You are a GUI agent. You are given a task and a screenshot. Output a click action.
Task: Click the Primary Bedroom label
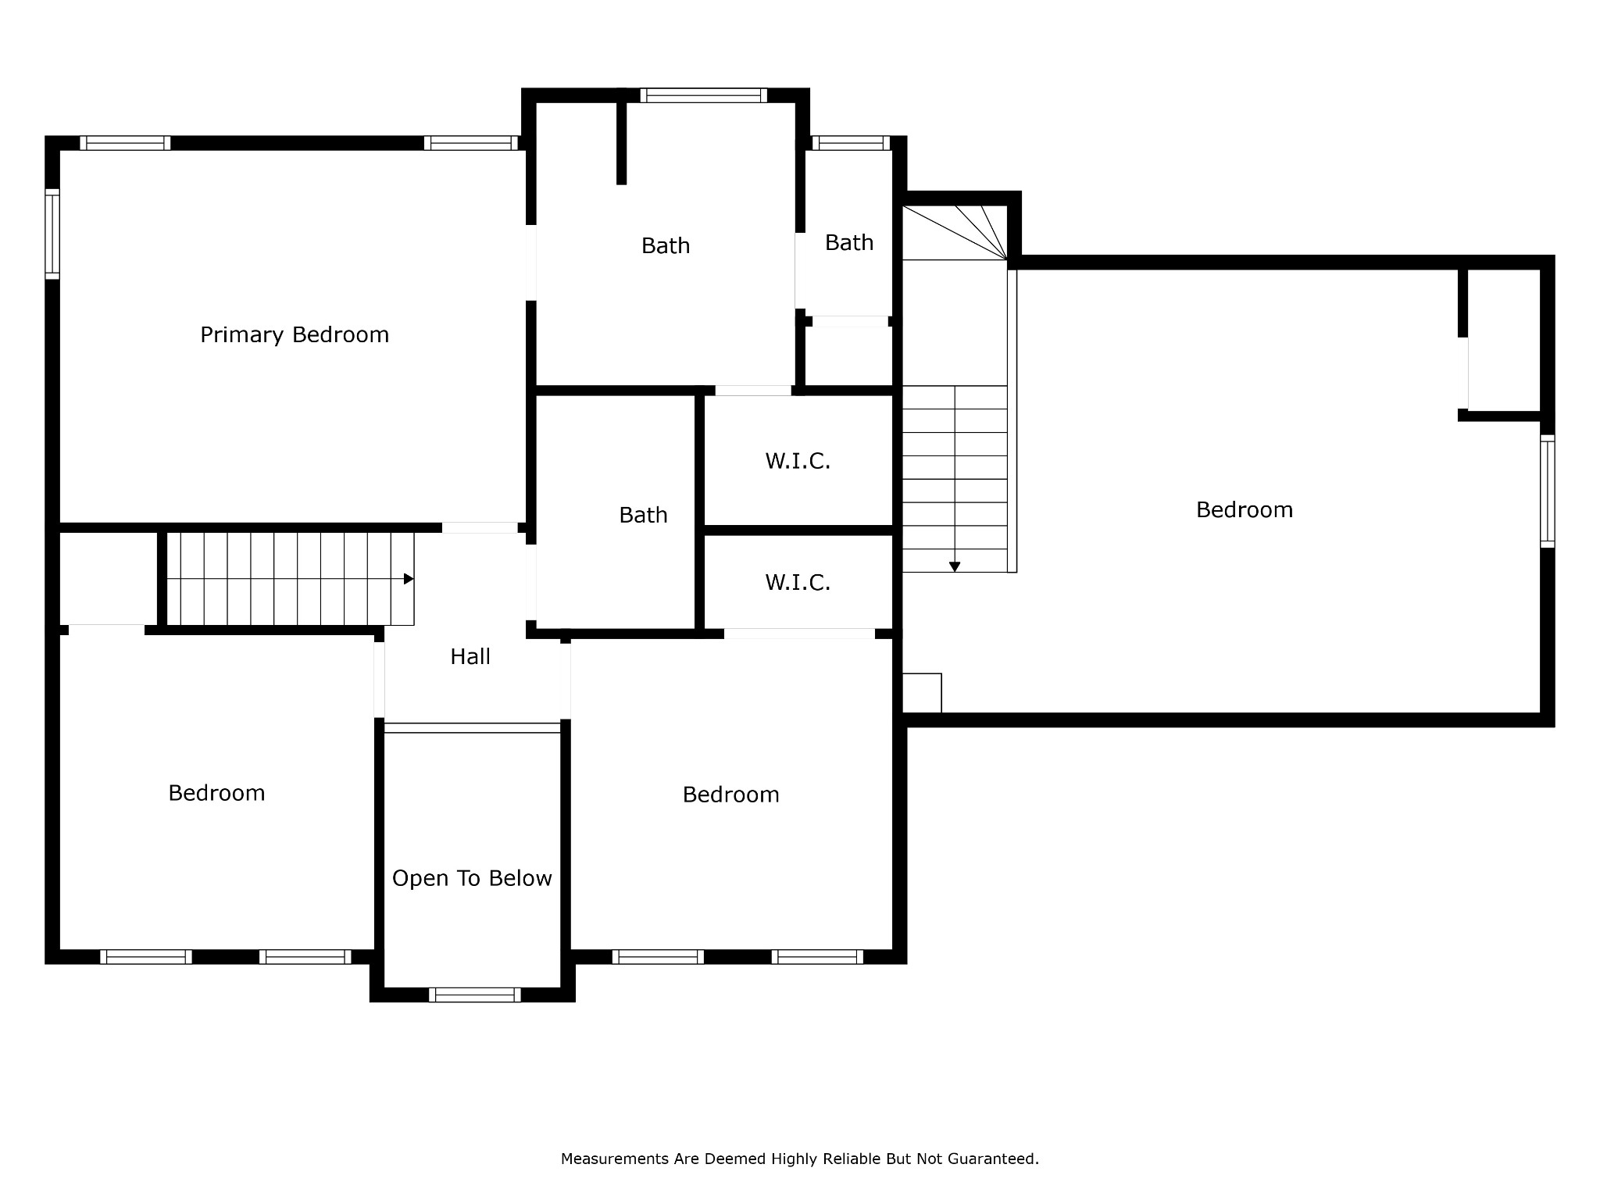point(295,335)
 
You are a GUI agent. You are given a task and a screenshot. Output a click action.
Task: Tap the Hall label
point(470,656)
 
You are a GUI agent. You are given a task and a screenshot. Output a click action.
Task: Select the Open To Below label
point(472,879)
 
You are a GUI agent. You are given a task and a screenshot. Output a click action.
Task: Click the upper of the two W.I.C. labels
point(798,461)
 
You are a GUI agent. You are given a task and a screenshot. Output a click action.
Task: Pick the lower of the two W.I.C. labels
point(798,582)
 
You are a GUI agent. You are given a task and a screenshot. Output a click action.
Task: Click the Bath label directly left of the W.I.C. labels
point(643,515)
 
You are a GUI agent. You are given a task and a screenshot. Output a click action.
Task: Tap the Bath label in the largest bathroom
point(666,245)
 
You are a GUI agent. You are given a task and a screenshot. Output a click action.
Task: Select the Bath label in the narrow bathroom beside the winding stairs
point(849,242)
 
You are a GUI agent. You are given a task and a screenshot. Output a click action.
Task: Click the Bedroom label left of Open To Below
point(216,793)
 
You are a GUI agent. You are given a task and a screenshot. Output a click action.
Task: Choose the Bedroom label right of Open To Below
point(730,795)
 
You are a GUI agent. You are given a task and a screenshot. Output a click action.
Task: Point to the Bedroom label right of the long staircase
point(1245,510)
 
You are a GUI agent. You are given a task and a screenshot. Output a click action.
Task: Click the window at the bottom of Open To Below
point(474,995)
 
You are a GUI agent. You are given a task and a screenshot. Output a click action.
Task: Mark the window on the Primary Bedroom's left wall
point(52,234)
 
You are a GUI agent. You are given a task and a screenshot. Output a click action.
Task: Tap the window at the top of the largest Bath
point(704,95)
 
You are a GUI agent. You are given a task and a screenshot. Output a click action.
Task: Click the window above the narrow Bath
point(851,143)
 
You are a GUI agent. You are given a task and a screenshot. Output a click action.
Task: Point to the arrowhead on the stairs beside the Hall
point(409,579)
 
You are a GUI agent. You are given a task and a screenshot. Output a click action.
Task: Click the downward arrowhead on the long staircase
point(955,567)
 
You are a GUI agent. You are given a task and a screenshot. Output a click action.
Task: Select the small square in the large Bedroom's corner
point(922,693)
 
